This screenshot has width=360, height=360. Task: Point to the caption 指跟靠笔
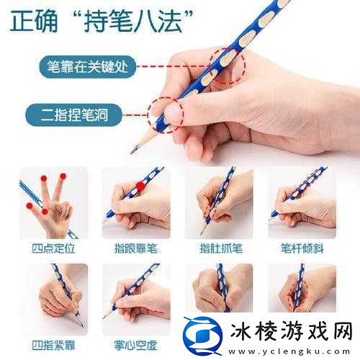(x=136, y=248)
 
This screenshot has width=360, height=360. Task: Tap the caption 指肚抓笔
(x=219, y=248)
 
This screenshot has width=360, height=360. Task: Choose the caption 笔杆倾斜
(x=302, y=248)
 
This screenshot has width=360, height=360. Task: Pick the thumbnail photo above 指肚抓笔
(x=219, y=203)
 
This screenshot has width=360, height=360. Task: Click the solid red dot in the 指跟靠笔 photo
(x=140, y=186)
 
